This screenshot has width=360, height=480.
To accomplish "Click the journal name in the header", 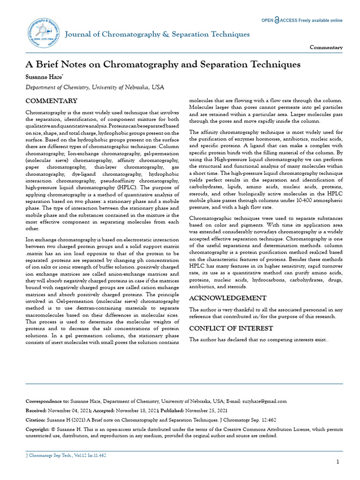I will pos(157,35).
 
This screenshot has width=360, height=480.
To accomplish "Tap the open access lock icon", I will pos(277,21).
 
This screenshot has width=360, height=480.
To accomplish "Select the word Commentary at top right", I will pos(326,48).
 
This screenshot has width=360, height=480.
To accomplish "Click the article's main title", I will pos(163,64).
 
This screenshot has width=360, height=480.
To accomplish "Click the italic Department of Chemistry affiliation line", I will pos(95,87).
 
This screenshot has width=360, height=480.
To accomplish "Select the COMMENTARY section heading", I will pos(51,101).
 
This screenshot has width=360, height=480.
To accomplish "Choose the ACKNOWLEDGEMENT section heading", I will pos(227,298).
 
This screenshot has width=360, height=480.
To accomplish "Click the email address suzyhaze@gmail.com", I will pos(263,401).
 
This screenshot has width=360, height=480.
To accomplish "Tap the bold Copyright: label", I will pos(37,429).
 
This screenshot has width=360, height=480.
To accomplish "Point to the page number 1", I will pos(338,462).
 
